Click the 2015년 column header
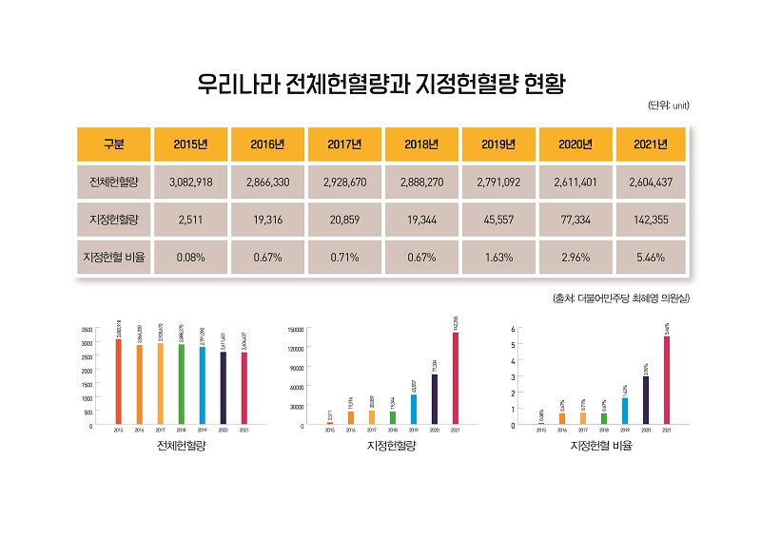click(191, 144)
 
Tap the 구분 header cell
click(114, 144)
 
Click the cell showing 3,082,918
click(191, 182)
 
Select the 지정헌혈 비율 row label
click(114, 258)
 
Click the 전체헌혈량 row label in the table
click(114, 182)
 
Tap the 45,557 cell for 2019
click(498, 220)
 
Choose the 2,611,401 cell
click(576, 182)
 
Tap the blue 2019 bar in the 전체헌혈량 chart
click(202, 386)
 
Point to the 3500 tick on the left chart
click(87, 329)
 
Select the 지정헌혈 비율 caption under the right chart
click(601, 445)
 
